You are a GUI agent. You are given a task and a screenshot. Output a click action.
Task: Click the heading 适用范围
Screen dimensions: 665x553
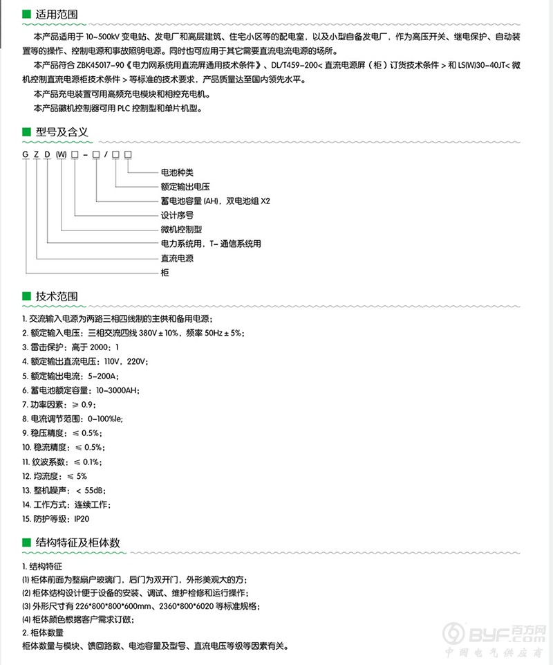(57, 14)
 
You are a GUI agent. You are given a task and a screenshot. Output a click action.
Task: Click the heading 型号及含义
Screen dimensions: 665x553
(62, 131)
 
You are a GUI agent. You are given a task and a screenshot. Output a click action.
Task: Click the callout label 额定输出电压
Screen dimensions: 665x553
(185, 187)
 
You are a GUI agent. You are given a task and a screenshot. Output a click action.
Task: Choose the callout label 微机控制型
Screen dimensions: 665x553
(180, 230)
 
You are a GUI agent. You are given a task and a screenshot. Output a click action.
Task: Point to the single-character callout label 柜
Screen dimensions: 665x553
(165, 273)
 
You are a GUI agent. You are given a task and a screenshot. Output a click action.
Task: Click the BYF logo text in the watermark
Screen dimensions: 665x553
(492, 634)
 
